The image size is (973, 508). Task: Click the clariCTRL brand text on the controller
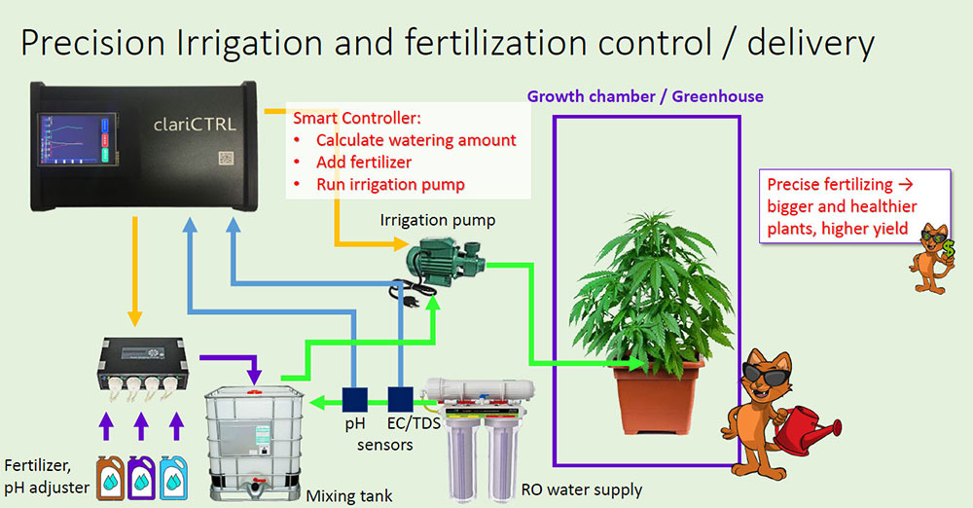point(195,125)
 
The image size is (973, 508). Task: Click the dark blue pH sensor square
point(355,400)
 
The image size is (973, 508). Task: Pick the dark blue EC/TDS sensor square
point(401,399)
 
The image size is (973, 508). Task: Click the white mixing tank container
point(254,442)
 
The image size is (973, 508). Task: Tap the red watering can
point(806,429)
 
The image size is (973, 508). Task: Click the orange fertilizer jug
point(111,478)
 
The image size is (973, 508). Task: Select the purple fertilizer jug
point(141,478)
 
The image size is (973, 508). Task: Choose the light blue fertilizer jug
point(173,478)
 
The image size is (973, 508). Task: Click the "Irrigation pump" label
point(438,221)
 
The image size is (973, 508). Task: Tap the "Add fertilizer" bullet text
point(364,163)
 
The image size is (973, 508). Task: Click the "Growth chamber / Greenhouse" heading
point(645,96)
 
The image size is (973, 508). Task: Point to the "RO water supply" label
point(582,490)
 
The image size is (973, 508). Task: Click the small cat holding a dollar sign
point(932,259)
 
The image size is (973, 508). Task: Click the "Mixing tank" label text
point(349,496)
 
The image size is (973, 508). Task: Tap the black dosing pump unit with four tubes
point(143,368)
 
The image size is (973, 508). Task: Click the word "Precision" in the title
point(92,44)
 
